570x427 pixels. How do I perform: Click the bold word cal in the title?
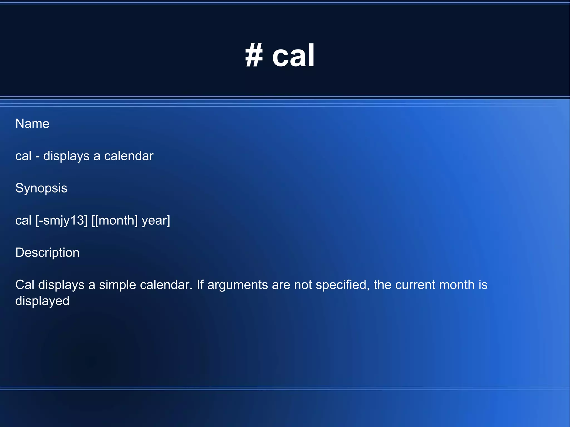tap(293, 56)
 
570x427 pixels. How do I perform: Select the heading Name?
tap(32, 124)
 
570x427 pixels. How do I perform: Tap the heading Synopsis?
tap(41, 188)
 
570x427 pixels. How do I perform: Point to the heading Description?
tap(47, 253)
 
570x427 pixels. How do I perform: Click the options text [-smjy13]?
tap(62, 221)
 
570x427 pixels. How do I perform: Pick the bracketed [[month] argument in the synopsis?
tap(114, 221)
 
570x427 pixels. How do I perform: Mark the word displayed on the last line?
tap(42, 301)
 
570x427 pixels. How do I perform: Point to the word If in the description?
tap(200, 285)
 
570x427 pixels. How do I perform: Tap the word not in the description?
tap(303, 285)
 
